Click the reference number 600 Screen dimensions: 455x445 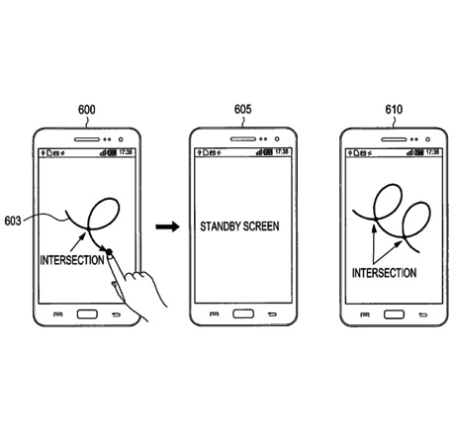(87, 110)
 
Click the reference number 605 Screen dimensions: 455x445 (243, 109)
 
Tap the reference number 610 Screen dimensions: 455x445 (394, 109)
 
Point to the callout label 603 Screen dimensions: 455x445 (13, 221)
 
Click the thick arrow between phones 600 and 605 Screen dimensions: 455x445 (167, 226)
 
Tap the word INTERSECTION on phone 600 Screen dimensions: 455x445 (72, 260)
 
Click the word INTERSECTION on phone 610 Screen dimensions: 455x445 (384, 273)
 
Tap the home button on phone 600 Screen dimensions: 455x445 (87, 314)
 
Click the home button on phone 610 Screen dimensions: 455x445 (394, 314)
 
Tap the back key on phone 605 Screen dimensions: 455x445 (272, 314)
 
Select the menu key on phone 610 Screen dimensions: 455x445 (364, 314)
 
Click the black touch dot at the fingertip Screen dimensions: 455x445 (109, 252)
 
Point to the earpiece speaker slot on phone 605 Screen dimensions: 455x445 (243, 139)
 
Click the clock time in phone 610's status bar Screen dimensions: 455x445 (432, 152)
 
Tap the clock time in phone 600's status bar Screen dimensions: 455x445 (126, 152)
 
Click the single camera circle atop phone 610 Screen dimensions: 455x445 (427, 139)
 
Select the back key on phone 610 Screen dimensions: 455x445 (423, 314)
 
